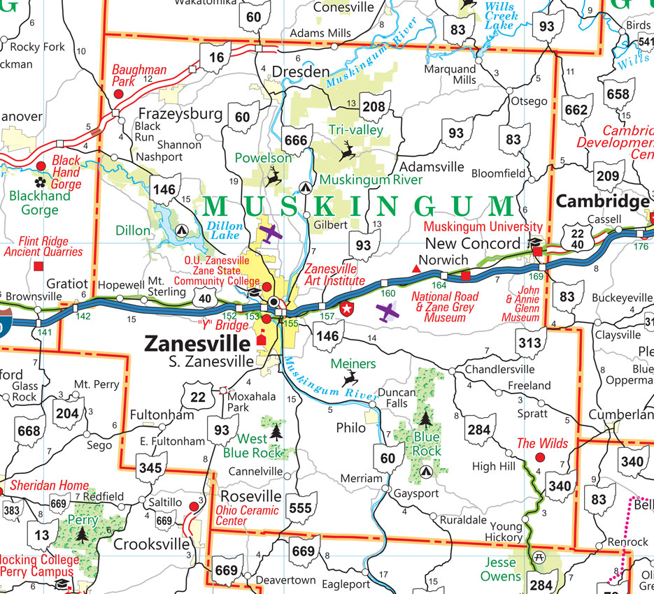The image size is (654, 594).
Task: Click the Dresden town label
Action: point(300,72)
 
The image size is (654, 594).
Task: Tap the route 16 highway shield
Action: point(216,57)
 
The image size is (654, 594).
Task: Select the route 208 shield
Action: point(374,106)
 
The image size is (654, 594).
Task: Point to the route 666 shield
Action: point(295,140)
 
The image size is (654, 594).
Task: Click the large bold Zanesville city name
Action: point(197,344)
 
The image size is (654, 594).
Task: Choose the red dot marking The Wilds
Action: point(539,458)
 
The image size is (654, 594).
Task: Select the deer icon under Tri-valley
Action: point(346,150)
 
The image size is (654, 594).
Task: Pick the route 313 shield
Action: point(529,342)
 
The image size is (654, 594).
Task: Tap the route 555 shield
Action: point(300,507)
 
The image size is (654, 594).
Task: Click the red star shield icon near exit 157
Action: point(346,307)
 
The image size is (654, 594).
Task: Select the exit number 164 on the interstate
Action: point(438,286)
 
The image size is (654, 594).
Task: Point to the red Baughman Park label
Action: point(140,75)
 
